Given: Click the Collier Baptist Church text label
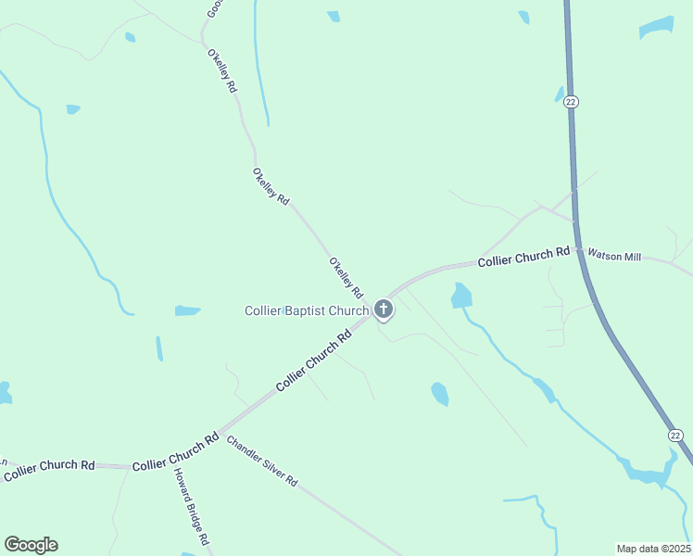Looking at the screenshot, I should (306, 311).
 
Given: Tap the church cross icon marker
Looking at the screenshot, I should (384, 309).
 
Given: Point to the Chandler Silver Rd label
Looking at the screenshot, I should (262, 461).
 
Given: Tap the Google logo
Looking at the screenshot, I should (31, 545).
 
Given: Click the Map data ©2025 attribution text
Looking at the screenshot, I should (654, 549).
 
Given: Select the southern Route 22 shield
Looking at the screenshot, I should (675, 436).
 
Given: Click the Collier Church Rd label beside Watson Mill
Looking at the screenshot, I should (523, 257).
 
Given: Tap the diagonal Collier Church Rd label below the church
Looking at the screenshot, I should (315, 361).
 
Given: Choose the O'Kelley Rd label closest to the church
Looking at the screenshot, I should (345, 276).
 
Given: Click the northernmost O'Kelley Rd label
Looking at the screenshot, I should (222, 70).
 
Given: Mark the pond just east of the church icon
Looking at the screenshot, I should (460, 296).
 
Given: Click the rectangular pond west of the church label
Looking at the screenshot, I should (187, 310).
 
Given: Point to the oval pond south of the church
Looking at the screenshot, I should (440, 394).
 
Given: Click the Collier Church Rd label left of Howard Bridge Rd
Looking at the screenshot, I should (48, 470).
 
